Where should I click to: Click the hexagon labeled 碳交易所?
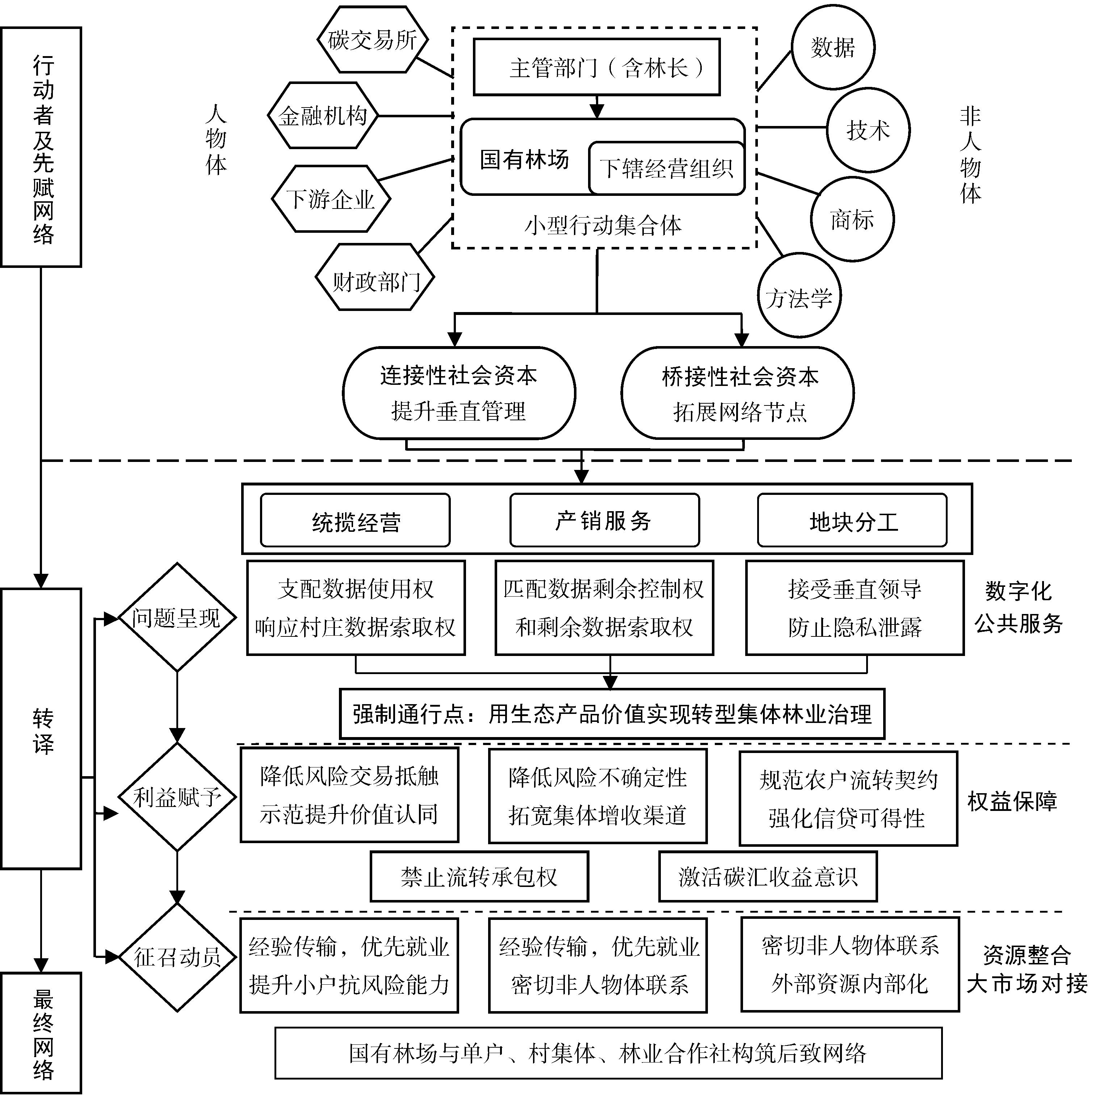[372, 40]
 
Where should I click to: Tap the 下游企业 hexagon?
[330, 199]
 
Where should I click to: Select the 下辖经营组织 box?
[666, 168]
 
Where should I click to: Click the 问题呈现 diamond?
[177, 618]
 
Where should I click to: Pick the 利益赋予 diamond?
[177, 797]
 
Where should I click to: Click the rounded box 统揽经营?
[355, 521]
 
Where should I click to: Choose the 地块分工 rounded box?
[852, 521]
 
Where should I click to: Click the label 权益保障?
[1012, 802]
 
